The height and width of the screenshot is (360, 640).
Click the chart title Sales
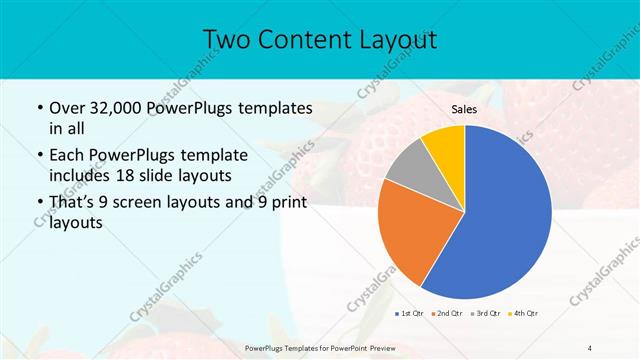click(x=464, y=109)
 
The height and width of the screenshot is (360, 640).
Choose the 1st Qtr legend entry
click(x=408, y=314)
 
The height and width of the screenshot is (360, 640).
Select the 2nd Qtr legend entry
click(x=445, y=314)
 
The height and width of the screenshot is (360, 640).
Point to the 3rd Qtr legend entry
click(x=485, y=314)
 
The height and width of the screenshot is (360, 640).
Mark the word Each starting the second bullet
click(x=68, y=156)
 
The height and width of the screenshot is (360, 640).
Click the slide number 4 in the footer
click(x=590, y=347)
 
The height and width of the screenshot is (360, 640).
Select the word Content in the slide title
click(x=301, y=39)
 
